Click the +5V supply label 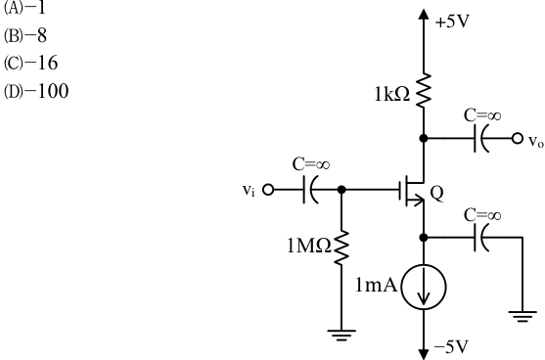point(452,22)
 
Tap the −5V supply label point(451,346)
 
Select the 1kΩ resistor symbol point(424,91)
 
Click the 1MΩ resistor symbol point(341,247)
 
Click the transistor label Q point(436,193)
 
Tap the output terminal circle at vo point(518,138)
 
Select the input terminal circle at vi point(268,190)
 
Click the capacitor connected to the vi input point(310,190)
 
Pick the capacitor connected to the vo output point(482,138)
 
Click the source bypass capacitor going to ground point(482,238)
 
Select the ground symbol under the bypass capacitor point(522,317)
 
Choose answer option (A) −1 point(24,8)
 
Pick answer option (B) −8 point(25,35)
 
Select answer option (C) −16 point(30,64)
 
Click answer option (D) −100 point(36,91)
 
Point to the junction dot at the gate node point(341,190)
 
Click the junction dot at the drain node point(424,138)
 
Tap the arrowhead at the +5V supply point(424,14)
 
